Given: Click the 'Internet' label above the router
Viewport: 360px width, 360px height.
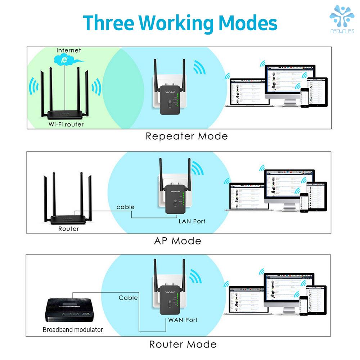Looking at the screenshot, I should (68, 50).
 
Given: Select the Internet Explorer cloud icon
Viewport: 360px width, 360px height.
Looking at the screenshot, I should (65, 59).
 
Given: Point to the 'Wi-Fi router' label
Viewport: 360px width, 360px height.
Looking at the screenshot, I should (66, 125).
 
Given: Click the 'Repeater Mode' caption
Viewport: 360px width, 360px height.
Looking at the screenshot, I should (186, 136).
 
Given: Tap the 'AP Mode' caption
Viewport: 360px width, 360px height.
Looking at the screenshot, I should (177, 241).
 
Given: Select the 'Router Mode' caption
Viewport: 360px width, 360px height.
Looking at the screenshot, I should (183, 344).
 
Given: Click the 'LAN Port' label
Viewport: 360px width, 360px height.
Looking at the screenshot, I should (192, 221).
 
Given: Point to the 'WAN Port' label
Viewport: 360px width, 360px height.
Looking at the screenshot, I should (183, 320).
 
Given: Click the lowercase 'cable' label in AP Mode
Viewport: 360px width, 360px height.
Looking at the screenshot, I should (125, 207).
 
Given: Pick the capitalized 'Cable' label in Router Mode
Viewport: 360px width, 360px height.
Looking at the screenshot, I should (128, 298).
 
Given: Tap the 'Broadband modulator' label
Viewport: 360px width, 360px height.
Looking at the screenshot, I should (73, 329).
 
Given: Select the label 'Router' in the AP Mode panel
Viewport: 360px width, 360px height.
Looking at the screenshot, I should (68, 229).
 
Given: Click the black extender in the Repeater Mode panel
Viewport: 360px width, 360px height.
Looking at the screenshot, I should (169, 97).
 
